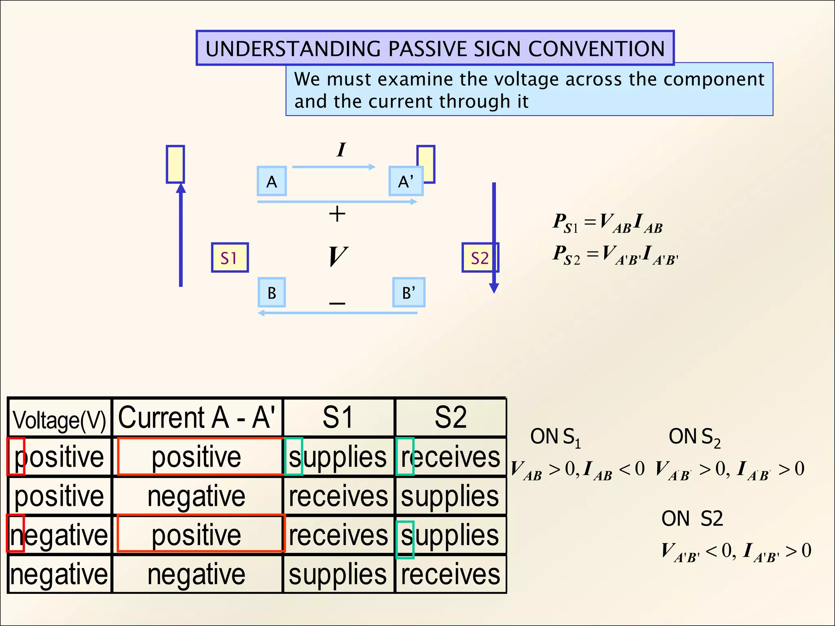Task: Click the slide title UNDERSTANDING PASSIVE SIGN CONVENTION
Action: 435,48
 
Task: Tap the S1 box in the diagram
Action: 230,258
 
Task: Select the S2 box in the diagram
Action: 480,258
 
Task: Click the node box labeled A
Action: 272,181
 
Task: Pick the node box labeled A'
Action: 406,181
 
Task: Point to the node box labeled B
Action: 272,293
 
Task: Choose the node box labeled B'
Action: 409,293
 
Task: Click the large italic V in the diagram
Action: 338,256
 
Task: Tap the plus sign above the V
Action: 337,214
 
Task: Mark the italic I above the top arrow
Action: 341,150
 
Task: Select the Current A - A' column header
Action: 197,418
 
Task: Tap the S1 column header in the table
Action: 338,418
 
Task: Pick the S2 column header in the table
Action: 451,418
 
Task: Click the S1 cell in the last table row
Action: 338,574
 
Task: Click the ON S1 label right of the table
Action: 555,437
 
